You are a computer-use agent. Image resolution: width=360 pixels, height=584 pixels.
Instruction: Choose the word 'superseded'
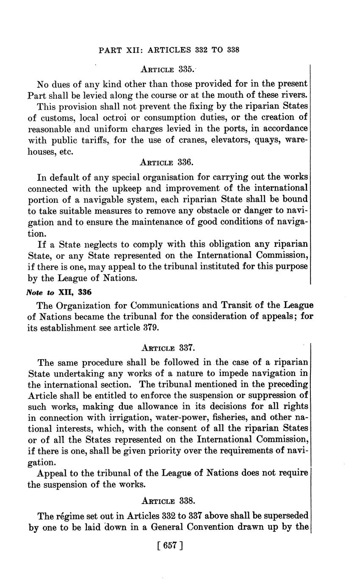click(x=285, y=516)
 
